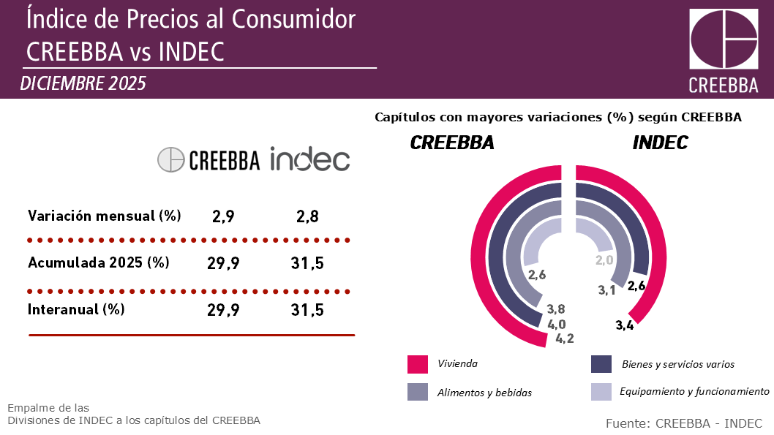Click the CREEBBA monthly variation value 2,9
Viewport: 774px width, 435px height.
(x=223, y=216)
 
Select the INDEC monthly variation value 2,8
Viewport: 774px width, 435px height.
(x=307, y=216)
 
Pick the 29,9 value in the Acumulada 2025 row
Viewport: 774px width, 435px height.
(x=223, y=263)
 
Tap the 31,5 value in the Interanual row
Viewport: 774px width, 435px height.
(x=307, y=310)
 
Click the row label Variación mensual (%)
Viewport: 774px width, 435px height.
(x=104, y=216)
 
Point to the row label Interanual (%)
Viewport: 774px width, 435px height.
(x=76, y=309)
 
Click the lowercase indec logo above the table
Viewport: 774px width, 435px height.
(x=309, y=159)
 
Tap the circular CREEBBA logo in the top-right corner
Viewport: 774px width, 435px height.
(x=724, y=40)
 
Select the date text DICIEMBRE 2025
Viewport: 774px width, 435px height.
(x=83, y=83)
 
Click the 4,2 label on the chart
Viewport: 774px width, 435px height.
(x=565, y=338)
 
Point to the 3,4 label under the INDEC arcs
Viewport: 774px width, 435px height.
(x=624, y=325)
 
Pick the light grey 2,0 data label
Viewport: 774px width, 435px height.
(x=604, y=260)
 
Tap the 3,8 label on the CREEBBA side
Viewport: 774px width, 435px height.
(x=556, y=309)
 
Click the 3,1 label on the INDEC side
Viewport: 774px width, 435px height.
(x=606, y=290)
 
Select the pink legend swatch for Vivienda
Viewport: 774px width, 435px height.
(x=417, y=363)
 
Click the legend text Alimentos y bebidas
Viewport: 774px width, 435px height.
(x=484, y=393)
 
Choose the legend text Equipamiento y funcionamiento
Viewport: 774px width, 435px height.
(x=694, y=392)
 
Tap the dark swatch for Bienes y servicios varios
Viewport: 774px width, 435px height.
(x=601, y=363)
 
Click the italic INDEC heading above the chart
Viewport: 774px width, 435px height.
(x=660, y=143)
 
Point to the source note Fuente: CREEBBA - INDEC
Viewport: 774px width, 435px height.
(x=684, y=423)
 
